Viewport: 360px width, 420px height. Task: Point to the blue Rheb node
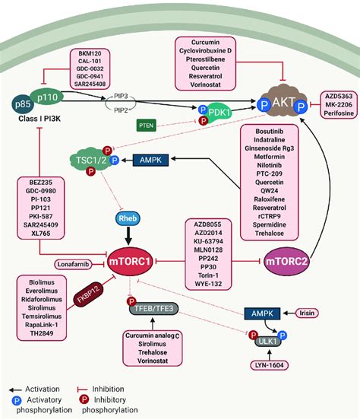[126, 219]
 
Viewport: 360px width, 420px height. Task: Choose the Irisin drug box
[329, 313]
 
